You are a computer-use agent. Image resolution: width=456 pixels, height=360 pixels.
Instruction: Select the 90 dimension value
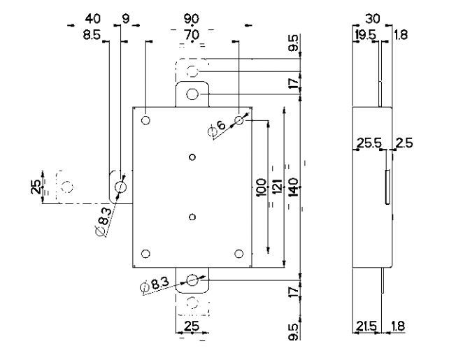[x=190, y=17]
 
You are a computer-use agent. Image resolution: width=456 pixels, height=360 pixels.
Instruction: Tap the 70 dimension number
[x=190, y=33]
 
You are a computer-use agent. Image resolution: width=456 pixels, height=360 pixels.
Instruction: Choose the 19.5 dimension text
[x=364, y=34]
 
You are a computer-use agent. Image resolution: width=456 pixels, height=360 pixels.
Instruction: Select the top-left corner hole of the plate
[x=145, y=120]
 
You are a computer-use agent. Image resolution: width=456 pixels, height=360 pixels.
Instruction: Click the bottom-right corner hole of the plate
[x=239, y=253]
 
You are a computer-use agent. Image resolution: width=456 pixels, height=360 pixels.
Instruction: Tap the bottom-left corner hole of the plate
[x=145, y=253]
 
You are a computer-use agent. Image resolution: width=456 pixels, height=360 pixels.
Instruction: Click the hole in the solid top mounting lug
[x=193, y=94]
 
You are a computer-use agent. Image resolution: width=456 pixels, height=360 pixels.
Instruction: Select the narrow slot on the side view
[x=386, y=187]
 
